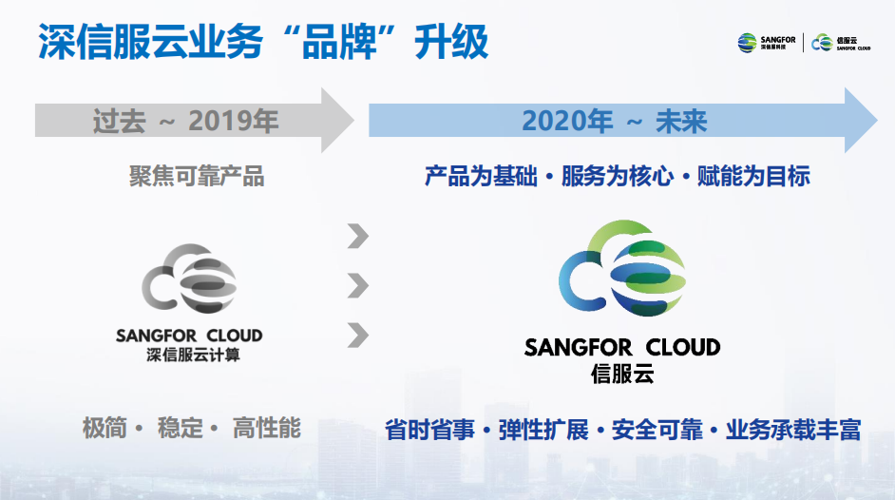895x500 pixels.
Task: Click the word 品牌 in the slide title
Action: [x=339, y=42]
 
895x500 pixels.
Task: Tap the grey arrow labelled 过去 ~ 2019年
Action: [x=194, y=121]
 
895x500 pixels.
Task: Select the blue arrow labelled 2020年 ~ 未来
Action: [x=622, y=121]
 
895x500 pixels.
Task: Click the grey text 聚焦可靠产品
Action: [x=197, y=176]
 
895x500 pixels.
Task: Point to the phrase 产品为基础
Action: [x=481, y=176]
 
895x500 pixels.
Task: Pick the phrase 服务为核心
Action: [x=617, y=176]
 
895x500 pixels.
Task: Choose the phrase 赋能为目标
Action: [x=753, y=176]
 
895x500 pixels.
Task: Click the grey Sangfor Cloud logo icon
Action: [x=189, y=279]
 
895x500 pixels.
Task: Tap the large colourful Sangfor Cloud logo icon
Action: [x=622, y=268]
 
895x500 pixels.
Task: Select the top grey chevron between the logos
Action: [x=358, y=236]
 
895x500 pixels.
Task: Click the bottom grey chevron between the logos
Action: [x=358, y=335]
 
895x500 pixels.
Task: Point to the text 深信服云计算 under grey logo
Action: [x=193, y=355]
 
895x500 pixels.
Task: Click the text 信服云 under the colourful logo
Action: [x=622, y=374]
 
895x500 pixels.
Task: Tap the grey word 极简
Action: [x=105, y=428]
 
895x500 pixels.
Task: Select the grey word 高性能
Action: [x=267, y=428]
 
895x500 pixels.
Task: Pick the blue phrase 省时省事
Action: [x=429, y=430]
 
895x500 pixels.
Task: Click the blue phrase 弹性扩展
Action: [x=543, y=430]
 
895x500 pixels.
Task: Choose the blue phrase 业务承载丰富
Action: [x=792, y=430]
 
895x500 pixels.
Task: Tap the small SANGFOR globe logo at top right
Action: [x=747, y=43]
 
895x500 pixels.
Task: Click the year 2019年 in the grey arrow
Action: [x=234, y=121]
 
